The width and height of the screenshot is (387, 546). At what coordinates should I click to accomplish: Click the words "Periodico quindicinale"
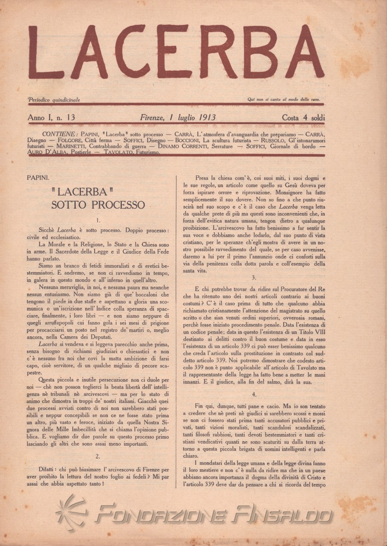(x=54, y=100)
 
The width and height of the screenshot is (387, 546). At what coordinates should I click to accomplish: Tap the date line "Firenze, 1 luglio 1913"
(x=178, y=117)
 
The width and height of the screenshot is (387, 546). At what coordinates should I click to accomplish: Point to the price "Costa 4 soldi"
(x=303, y=117)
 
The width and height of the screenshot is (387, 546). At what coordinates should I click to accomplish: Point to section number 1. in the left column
(x=98, y=221)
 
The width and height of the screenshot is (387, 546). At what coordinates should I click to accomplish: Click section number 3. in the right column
(x=253, y=277)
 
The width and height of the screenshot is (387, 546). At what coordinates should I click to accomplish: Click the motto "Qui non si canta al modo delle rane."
(x=284, y=100)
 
